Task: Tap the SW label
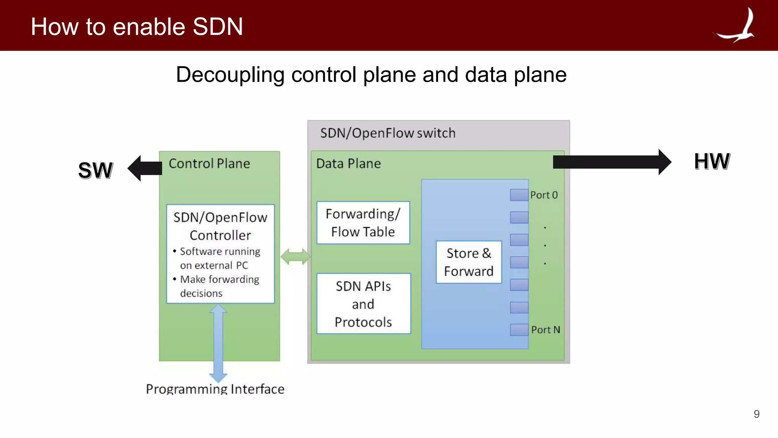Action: coord(95,170)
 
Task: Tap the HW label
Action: coord(712,161)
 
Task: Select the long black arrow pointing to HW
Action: coord(612,162)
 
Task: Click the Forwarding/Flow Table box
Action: coord(363,223)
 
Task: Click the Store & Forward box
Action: coord(469,262)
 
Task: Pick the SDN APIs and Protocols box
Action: coord(364,304)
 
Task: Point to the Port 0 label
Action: coord(544,195)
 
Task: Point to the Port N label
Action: coord(546,330)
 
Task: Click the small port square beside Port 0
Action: coord(519,195)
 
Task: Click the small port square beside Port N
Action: coord(519,330)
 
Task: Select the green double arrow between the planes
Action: coord(295,257)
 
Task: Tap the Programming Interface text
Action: coord(215,389)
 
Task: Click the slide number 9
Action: coord(756,414)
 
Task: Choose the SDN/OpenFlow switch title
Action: coord(387,133)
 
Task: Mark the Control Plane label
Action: coord(209,163)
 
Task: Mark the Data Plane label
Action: coord(348,163)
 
